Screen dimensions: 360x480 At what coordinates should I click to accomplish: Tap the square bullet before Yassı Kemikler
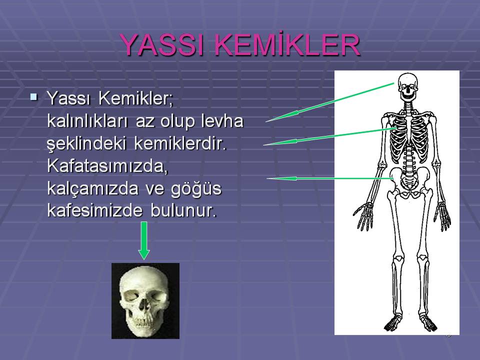click(34, 95)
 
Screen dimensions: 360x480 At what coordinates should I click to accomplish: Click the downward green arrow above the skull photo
click(144, 240)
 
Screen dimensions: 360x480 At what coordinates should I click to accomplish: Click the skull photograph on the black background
click(145, 300)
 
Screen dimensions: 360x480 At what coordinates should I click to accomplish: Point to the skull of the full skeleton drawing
click(408, 86)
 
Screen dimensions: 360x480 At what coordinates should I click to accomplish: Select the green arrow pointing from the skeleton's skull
click(330, 102)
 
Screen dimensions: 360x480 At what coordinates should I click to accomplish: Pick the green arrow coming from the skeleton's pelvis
click(330, 178)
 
